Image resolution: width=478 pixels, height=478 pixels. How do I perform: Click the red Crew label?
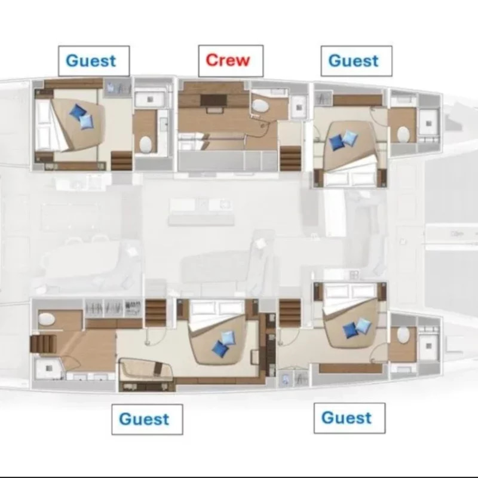[x=228, y=60]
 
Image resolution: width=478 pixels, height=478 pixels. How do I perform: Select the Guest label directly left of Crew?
[x=91, y=61]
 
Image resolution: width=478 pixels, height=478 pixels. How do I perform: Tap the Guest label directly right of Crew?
[x=353, y=61]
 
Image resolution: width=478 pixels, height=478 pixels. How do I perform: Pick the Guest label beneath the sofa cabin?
[x=144, y=419]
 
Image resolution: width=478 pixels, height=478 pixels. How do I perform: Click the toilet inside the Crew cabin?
[x=260, y=106]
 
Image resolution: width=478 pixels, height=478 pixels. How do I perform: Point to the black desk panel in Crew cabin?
[x=213, y=100]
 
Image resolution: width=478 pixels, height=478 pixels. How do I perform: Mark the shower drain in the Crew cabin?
[x=298, y=108]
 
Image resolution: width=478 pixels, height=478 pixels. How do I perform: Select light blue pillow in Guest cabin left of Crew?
[x=87, y=122]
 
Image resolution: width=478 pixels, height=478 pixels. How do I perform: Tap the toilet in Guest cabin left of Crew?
[x=145, y=145]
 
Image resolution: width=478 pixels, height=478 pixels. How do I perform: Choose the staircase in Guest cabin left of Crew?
[x=121, y=161]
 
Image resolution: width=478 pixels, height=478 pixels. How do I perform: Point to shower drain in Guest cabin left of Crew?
[x=150, y=99]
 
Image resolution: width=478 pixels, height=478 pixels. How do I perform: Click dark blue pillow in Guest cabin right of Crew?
[x=336, y=142]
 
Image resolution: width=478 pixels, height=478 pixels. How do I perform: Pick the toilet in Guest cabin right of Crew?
[x=403, y=134]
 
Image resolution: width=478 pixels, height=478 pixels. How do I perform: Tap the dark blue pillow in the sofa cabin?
[x=220, y=348]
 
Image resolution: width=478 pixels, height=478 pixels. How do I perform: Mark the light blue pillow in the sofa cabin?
[x=228, y=338]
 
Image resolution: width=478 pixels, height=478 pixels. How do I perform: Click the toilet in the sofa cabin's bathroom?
[x=47, y=319]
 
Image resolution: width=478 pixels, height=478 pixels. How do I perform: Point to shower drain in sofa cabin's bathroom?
[x=49, y=369]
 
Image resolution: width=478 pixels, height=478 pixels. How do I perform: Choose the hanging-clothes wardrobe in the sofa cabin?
[x=114, y=309]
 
